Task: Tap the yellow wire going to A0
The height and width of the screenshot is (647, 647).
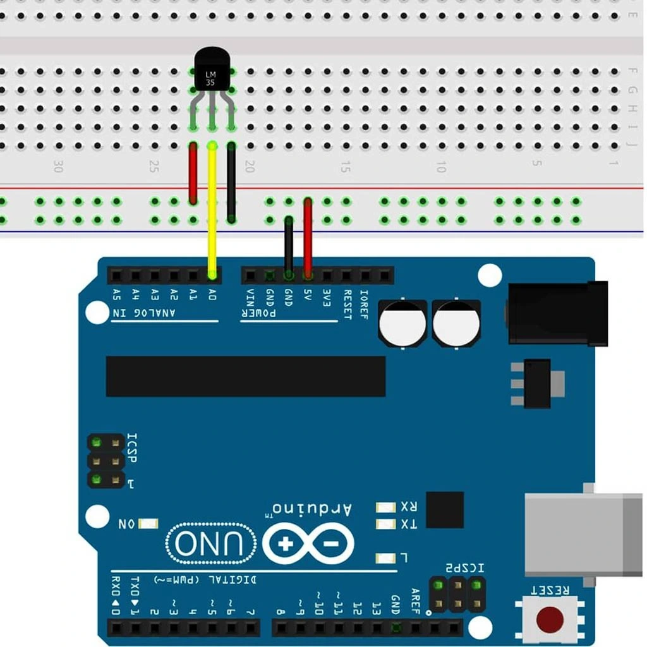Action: pyautogui.click(x=212, y=209)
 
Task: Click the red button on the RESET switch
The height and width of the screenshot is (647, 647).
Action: pyautogui.click(x=550, y=619)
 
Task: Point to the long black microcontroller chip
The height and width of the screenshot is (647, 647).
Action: pyautogui.click(x=245, y=376)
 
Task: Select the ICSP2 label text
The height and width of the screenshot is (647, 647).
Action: pyautogui.click(x=465, y=568)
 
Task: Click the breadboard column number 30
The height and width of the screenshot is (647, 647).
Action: pyautogui.click(x=58, y=167)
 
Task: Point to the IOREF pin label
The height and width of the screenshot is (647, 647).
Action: pyautogui.click(x=365, y=304)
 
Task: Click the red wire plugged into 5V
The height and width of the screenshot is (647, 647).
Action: pyautogui.click(x=308, y=237)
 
